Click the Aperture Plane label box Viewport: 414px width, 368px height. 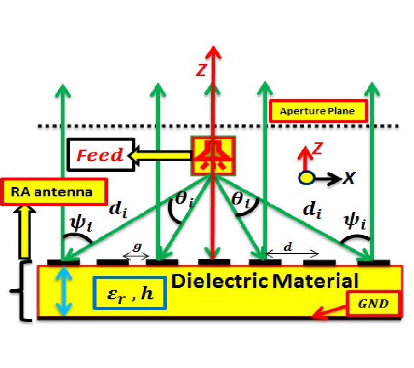[318, 111]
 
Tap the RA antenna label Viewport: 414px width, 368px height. [54, 190]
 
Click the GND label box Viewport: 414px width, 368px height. [374, 304]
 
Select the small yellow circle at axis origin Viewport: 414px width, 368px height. [305, 177]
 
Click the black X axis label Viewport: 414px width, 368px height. [350, 177]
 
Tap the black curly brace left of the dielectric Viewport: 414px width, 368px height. [18, 291]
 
